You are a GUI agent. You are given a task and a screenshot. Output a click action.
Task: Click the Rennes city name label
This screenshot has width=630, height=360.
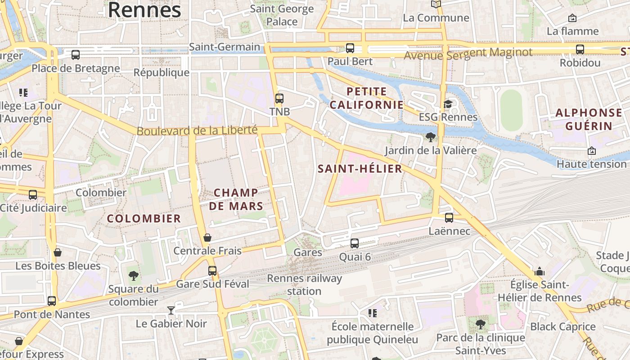144,10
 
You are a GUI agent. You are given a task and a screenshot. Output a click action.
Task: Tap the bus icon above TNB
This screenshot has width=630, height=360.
279,98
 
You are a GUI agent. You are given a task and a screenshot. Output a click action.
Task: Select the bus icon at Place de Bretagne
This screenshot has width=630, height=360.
76,55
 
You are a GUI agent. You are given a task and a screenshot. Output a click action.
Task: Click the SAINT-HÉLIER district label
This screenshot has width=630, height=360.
360,169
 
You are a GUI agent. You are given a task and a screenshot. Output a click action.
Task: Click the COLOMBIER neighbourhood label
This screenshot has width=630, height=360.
144,219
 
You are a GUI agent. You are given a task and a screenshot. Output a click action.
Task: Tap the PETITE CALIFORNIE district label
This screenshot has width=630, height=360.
366,98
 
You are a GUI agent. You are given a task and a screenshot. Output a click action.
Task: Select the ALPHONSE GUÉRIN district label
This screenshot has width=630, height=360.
589,119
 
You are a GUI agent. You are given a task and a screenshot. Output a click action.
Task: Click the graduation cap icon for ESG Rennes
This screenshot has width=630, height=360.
448,104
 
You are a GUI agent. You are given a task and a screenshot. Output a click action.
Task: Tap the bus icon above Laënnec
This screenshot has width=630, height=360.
449,218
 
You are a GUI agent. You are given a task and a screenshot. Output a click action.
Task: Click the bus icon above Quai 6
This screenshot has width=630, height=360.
355,243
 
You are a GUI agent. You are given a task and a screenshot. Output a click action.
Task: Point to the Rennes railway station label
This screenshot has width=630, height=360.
305,284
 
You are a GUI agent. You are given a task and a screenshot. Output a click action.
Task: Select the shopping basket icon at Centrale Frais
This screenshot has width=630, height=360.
207,238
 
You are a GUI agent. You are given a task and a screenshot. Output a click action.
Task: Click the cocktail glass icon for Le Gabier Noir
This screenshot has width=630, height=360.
171,310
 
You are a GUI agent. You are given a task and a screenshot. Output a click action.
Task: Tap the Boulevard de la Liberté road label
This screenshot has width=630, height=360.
197,131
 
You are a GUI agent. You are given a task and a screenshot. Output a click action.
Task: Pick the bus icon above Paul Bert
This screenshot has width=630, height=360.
350,48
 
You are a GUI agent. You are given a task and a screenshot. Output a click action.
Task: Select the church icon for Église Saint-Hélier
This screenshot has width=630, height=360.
539,271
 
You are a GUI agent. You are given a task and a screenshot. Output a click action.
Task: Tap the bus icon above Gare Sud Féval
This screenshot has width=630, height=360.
212,271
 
